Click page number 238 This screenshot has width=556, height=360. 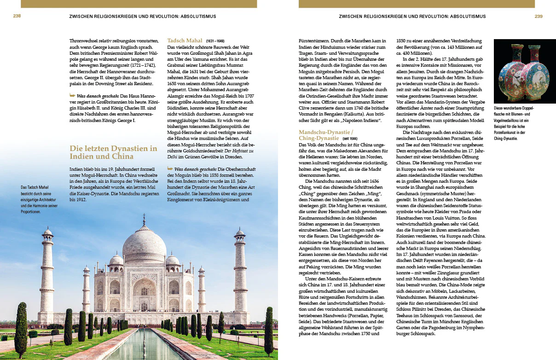click(17, 16)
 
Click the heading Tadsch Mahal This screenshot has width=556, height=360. click(185, 41)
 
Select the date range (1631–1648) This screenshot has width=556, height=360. click(215, 41)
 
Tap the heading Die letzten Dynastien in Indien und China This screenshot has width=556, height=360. click(113, 152)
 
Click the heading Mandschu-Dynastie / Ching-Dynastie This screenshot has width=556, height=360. click(326, 135)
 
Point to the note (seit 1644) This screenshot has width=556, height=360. click(350, 138)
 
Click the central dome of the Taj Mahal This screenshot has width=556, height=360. click(144, 246)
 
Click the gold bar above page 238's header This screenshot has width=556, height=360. click(139, 4)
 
